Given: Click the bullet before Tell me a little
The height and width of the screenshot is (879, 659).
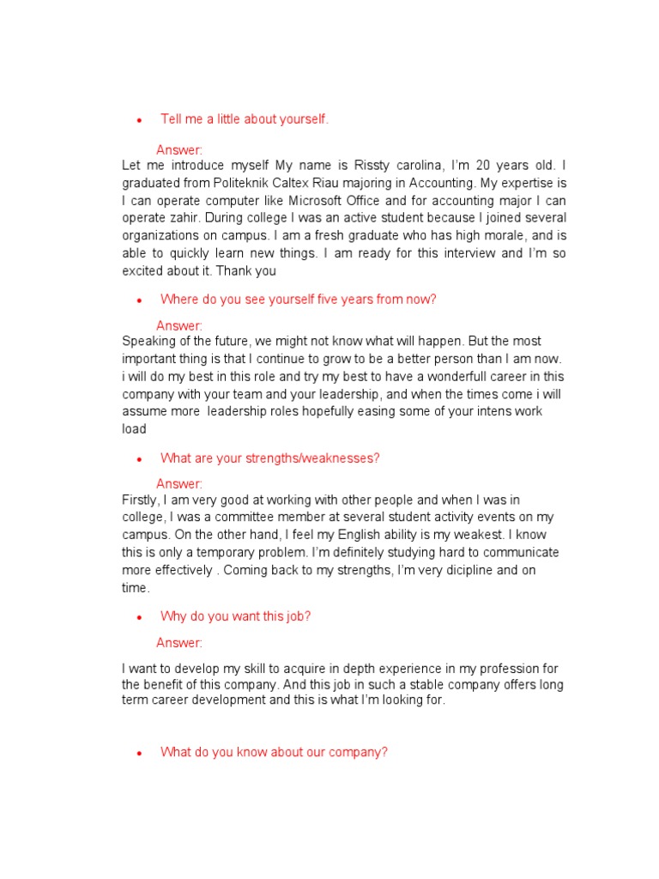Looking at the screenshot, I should coord(139,120).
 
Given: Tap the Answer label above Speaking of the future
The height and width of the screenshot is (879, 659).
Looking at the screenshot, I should coord(179,326).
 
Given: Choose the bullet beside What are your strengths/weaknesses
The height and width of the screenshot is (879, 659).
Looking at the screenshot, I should coord(139,459).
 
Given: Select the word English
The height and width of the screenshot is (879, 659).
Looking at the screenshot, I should coord(344,535).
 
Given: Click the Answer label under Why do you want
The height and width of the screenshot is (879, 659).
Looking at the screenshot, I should coord(179,643).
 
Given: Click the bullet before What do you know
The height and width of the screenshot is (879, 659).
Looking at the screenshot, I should coord(139,754).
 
